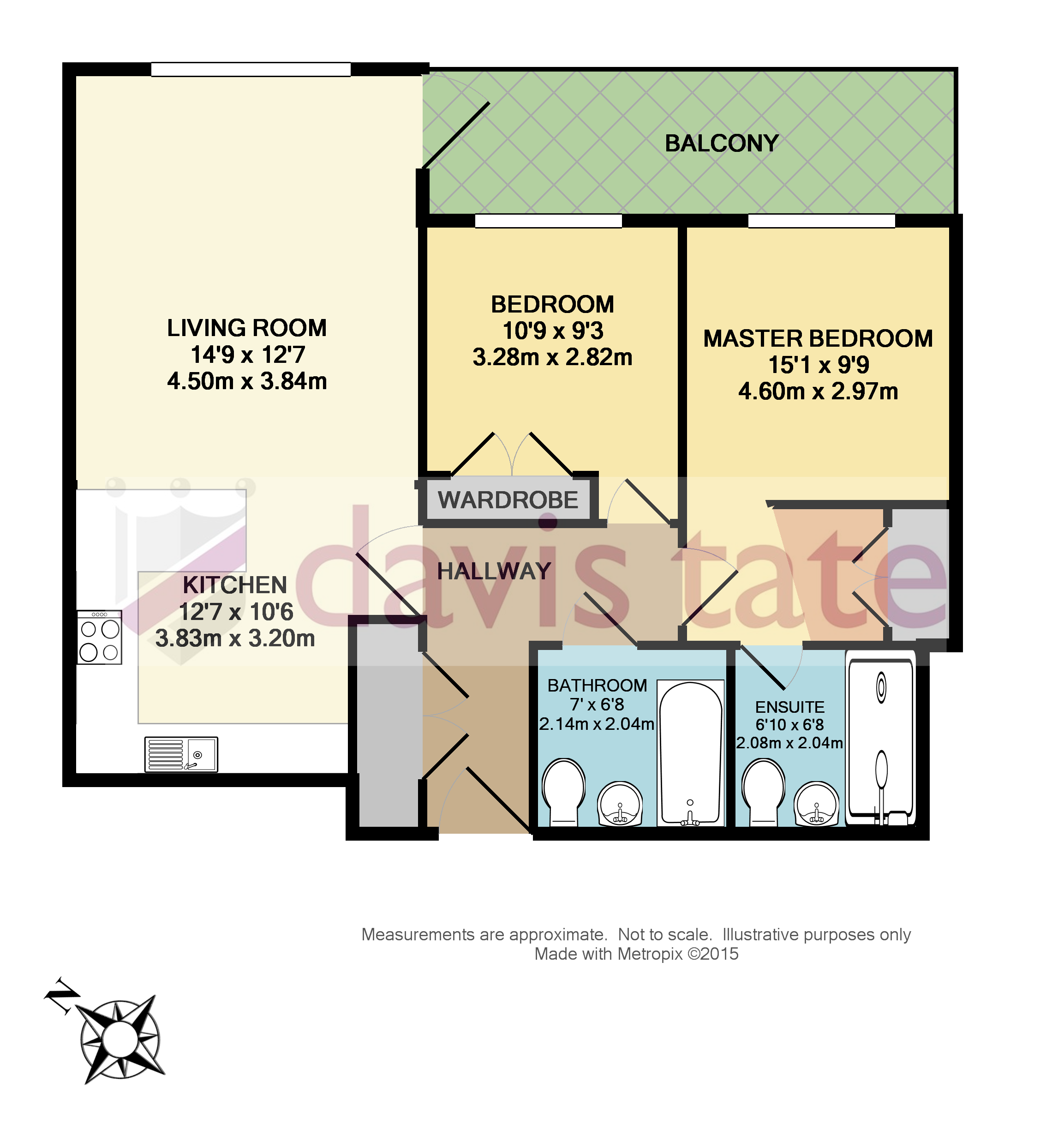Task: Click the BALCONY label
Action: coord(721,144)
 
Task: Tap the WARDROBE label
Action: coord(508,500)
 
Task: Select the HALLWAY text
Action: coord(494,571)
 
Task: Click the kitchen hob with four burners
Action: coord(100,638)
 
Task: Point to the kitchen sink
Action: coord(181,754)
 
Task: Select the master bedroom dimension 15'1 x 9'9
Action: coord(819,365)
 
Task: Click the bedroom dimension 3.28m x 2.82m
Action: coord(552,358)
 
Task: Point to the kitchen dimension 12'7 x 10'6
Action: coord(236,612)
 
